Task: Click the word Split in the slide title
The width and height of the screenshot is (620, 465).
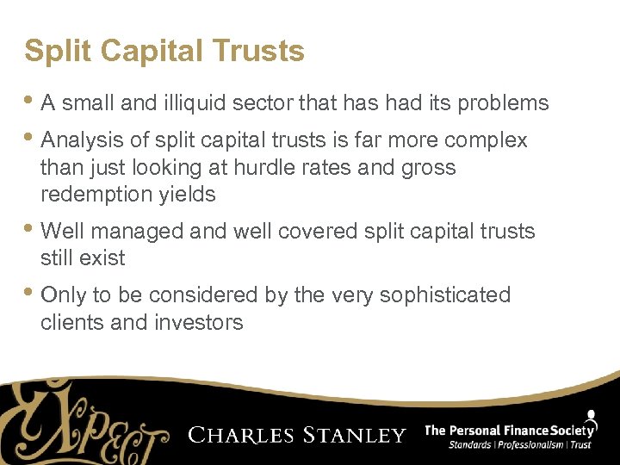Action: [x=51, y=52]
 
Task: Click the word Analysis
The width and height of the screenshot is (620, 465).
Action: [x=83, y=140]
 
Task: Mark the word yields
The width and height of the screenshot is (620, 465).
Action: [x=187, y=195]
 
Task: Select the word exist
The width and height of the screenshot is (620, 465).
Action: [x=104, y=258]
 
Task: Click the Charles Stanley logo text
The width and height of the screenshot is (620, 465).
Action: [x=296, y=435]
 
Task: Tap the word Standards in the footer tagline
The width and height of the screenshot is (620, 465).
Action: [x=470, y=445]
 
